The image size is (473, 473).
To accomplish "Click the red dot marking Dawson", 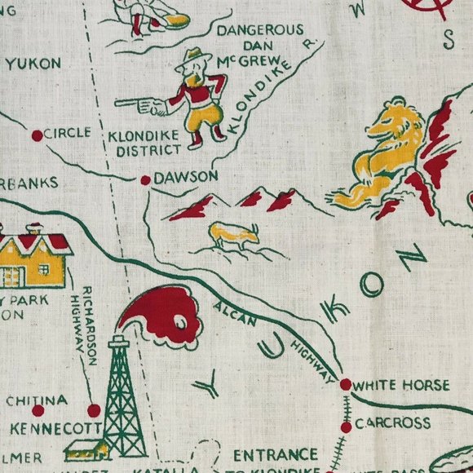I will point(145,179).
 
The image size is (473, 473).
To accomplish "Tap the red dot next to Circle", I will point(36,135).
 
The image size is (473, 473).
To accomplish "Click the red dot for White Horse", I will point(345,384).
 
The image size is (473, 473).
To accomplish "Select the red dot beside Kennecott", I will point(94,409).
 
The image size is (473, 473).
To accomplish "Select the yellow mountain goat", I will point(234,235).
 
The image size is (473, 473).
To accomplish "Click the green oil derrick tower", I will point(120,391).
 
